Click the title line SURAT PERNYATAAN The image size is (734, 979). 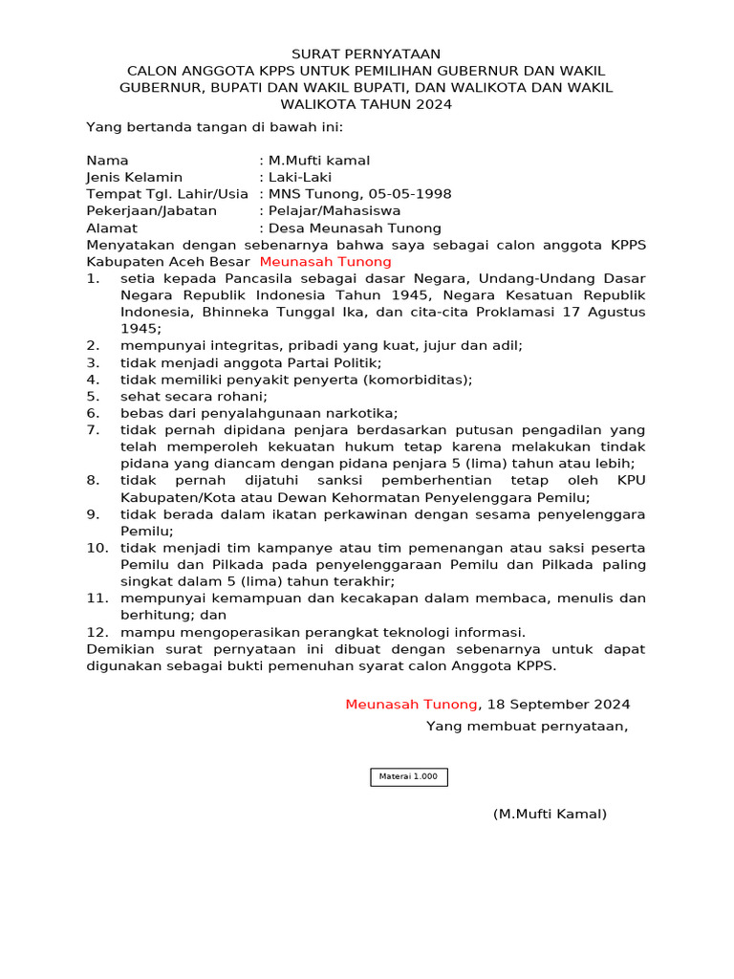pos(366,54)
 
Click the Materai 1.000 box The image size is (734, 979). pos(408,776)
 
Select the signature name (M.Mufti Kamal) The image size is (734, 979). pos(550,814)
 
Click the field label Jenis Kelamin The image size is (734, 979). pos(134,177)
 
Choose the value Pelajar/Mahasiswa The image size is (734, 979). pos(335,210)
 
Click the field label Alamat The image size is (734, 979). pos(112,228)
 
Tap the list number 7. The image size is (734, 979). pos(93,429)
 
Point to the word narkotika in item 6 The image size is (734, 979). pos(361,412)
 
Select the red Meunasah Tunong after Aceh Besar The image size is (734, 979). pos(325,261)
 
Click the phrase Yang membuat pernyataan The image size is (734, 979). pos(527,726)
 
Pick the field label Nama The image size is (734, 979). pos(107,161)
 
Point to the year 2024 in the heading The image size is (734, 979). pos(433,104)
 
